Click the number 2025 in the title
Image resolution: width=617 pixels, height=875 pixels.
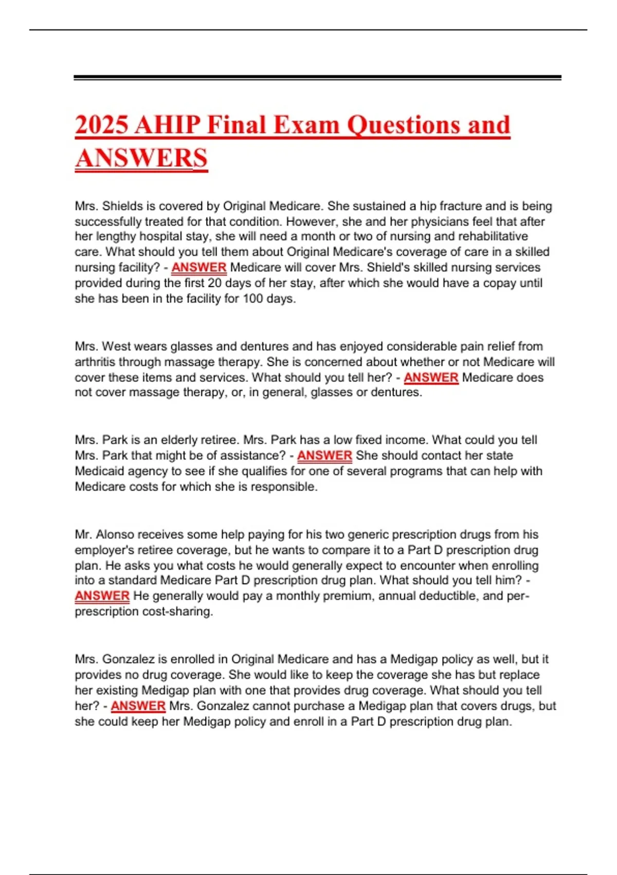pyautogui.click(x=102, y=125)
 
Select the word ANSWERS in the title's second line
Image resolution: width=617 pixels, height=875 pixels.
pyautogui.click(x=141, y=158)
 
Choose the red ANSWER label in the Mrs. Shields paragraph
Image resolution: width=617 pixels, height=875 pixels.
pyautogui.click(x=199, y=268)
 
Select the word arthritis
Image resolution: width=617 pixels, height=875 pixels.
pyautogui.click(x=95, y=362)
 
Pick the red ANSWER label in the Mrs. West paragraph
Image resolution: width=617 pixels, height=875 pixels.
pyautogui.click(x=431, y=377)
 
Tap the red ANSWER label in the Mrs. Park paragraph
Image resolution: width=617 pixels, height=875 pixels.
pyautogui.click(x=324, y=456)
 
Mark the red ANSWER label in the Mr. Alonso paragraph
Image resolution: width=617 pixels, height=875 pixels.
pyautogui.click(x=102, y=596)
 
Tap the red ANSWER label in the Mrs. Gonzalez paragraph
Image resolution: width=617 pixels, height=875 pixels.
pyautogui.click(x=138, y=706)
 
